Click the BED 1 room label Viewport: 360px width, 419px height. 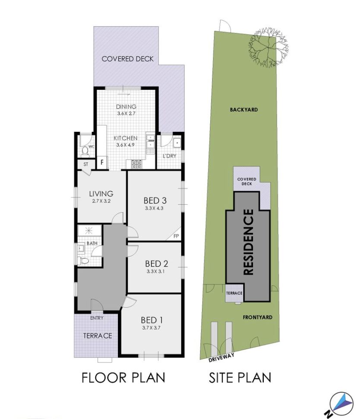[x=152, y=320]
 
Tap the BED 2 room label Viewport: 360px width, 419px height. [x=157, y=264]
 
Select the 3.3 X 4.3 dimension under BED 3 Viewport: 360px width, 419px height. [x=154, y=208]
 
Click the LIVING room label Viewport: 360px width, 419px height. [x=101, y=194]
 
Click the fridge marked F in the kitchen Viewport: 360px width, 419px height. [x=102, y=162]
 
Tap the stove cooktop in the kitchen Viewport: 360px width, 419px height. [x=136, y=164]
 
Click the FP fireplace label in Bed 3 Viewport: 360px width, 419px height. [x=176, y=236]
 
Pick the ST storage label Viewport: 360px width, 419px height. [x=85, y=164]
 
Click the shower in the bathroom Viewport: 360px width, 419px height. [x=89, y=230]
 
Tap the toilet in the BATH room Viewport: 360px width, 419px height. [x=84, y=260]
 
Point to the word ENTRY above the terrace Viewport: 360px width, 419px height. [x=97, y=318]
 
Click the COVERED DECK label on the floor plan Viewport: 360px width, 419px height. [x=127, y=59]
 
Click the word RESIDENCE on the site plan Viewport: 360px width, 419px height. [x=248, y=242]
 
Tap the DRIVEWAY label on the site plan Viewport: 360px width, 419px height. [x=222, y=357]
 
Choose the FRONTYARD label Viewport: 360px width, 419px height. [x=257, y=317]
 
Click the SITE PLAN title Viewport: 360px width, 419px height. [x=240, y=378]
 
